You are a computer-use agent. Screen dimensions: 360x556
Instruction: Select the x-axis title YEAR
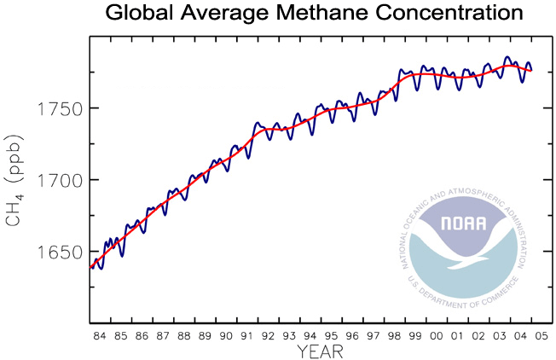[x=321, y=351]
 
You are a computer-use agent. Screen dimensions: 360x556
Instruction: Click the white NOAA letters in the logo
[x=464, y=224]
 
